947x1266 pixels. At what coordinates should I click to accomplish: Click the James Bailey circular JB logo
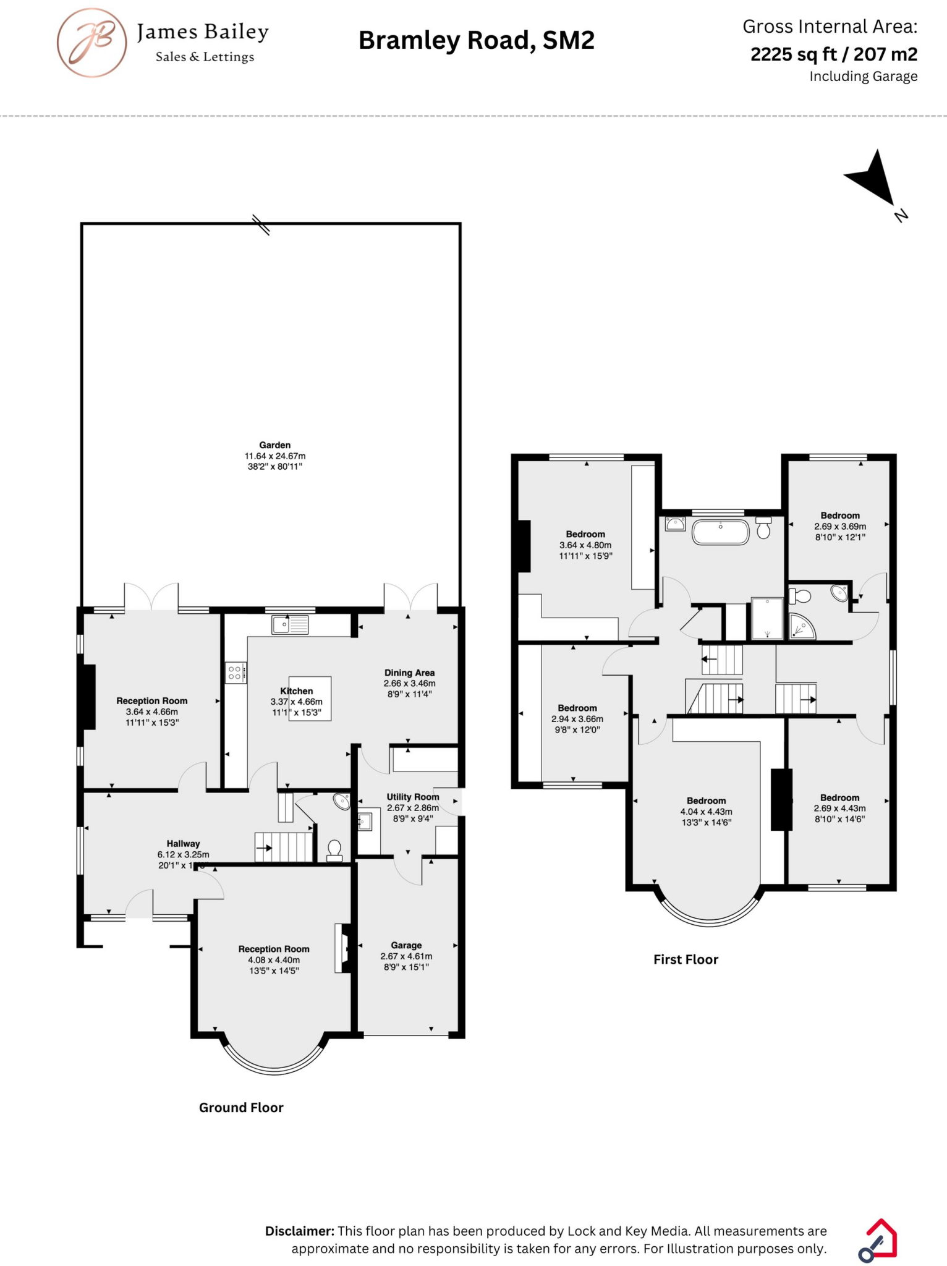click(x=91, y=43)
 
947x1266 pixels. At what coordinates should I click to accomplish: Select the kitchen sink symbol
click(x=290, y=625)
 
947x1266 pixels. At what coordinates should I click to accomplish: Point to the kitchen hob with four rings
click(x=235, y=673)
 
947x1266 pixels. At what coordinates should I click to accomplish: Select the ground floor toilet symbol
click(x=334, y=850)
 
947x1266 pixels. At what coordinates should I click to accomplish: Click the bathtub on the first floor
click(x=721, y=532)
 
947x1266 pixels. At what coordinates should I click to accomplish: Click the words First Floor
click(x=686, y=959)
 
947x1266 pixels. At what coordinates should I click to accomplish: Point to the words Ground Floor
click(x=241, y=1107)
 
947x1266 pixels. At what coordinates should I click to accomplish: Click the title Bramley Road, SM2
click(x=476, y=40)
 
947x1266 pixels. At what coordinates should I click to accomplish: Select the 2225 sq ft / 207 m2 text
click(x=833, y=54)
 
